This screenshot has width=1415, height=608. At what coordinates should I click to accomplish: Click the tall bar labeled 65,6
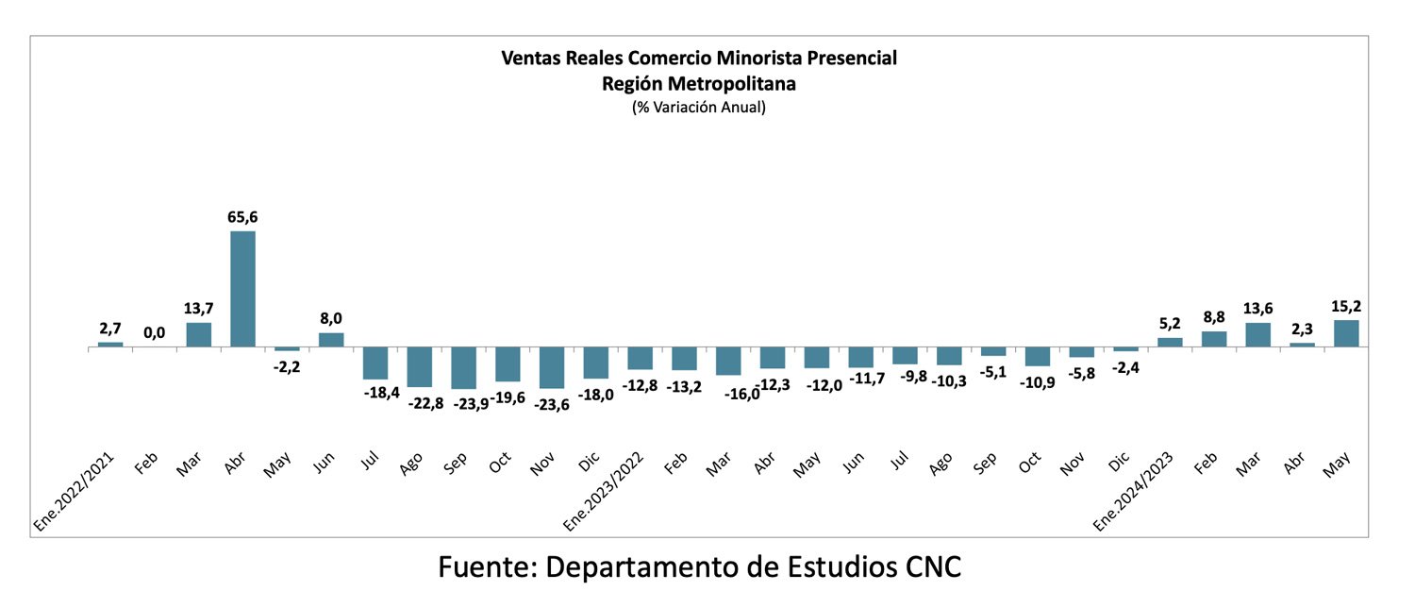coord(242,289)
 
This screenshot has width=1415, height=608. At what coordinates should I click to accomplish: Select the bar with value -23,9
coord(463,367)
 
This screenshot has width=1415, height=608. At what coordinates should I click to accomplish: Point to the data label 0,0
coord(155,333)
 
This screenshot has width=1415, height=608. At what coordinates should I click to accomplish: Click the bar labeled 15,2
coord(1346,333)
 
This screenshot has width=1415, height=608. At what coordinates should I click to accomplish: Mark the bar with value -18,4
coord(375,363)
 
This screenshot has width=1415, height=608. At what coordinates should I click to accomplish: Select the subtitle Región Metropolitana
coord(699,83)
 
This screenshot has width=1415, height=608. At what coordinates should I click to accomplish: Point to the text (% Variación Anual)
coord(699,108)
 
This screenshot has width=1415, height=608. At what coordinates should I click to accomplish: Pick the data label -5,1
coord(993,372)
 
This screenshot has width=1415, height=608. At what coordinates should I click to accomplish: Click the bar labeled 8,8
coord(1214,339)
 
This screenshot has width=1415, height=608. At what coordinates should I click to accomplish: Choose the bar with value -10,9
coord(1038,356)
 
